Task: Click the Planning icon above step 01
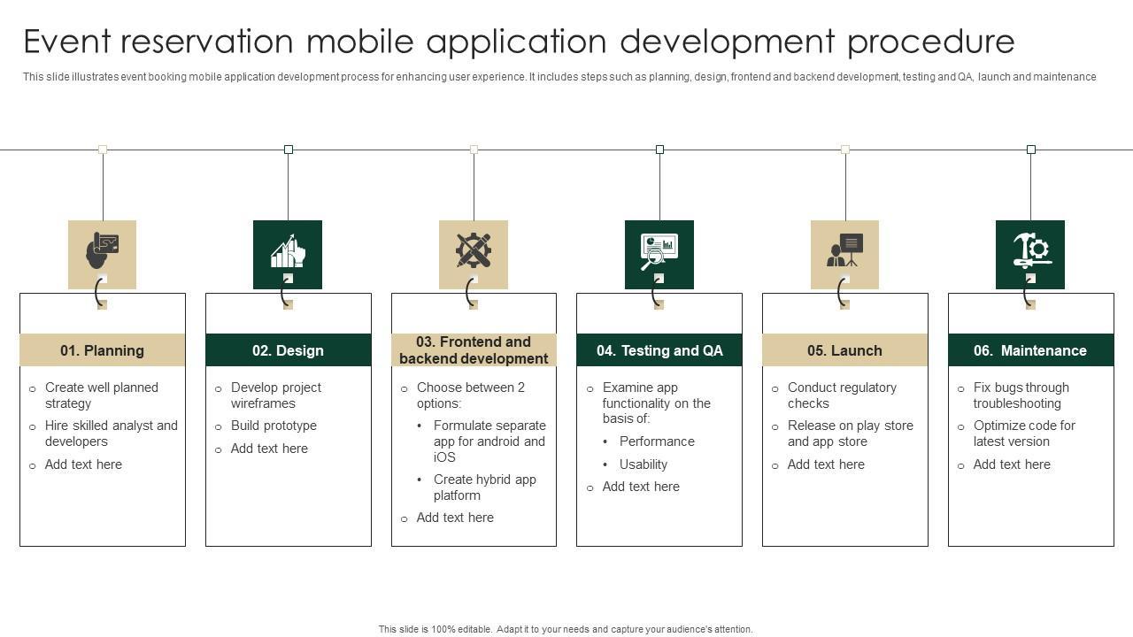(103, 252)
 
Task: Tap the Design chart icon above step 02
(288, 252)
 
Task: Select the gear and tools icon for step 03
(474, 251)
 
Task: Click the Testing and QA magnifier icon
(659, 252)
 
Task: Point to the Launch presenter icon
(844, 251)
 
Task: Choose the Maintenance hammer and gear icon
(1030, 251)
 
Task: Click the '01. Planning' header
(103, 350)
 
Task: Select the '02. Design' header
(288, 350)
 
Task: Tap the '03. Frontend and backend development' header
(474, 350)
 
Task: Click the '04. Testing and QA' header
(659, 350)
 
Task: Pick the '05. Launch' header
(844, 350)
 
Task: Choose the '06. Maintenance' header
(1030, 350)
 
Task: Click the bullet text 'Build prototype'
(274, 426)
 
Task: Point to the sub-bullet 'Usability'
(644, 464)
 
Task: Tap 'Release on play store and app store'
(850, 434)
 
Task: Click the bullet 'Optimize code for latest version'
(1024, 434)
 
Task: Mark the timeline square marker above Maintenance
(1030, 150)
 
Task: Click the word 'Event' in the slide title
(69, 42)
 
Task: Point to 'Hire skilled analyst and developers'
(111, 434)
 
